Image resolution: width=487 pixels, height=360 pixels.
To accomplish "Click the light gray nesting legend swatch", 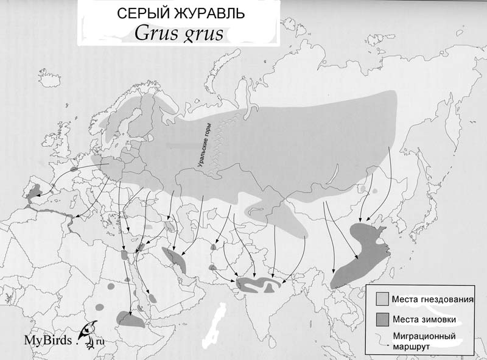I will point(382,298).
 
